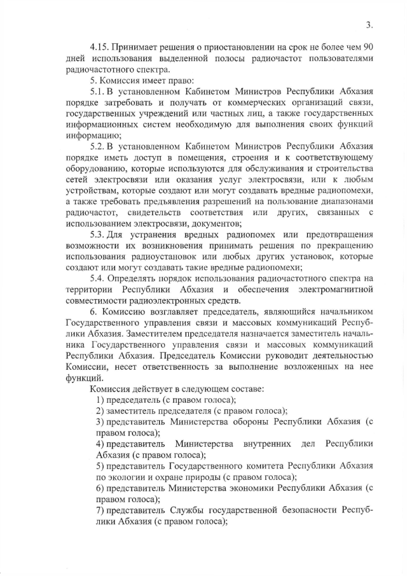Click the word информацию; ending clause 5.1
click(89, 135)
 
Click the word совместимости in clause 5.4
click(97, 301)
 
